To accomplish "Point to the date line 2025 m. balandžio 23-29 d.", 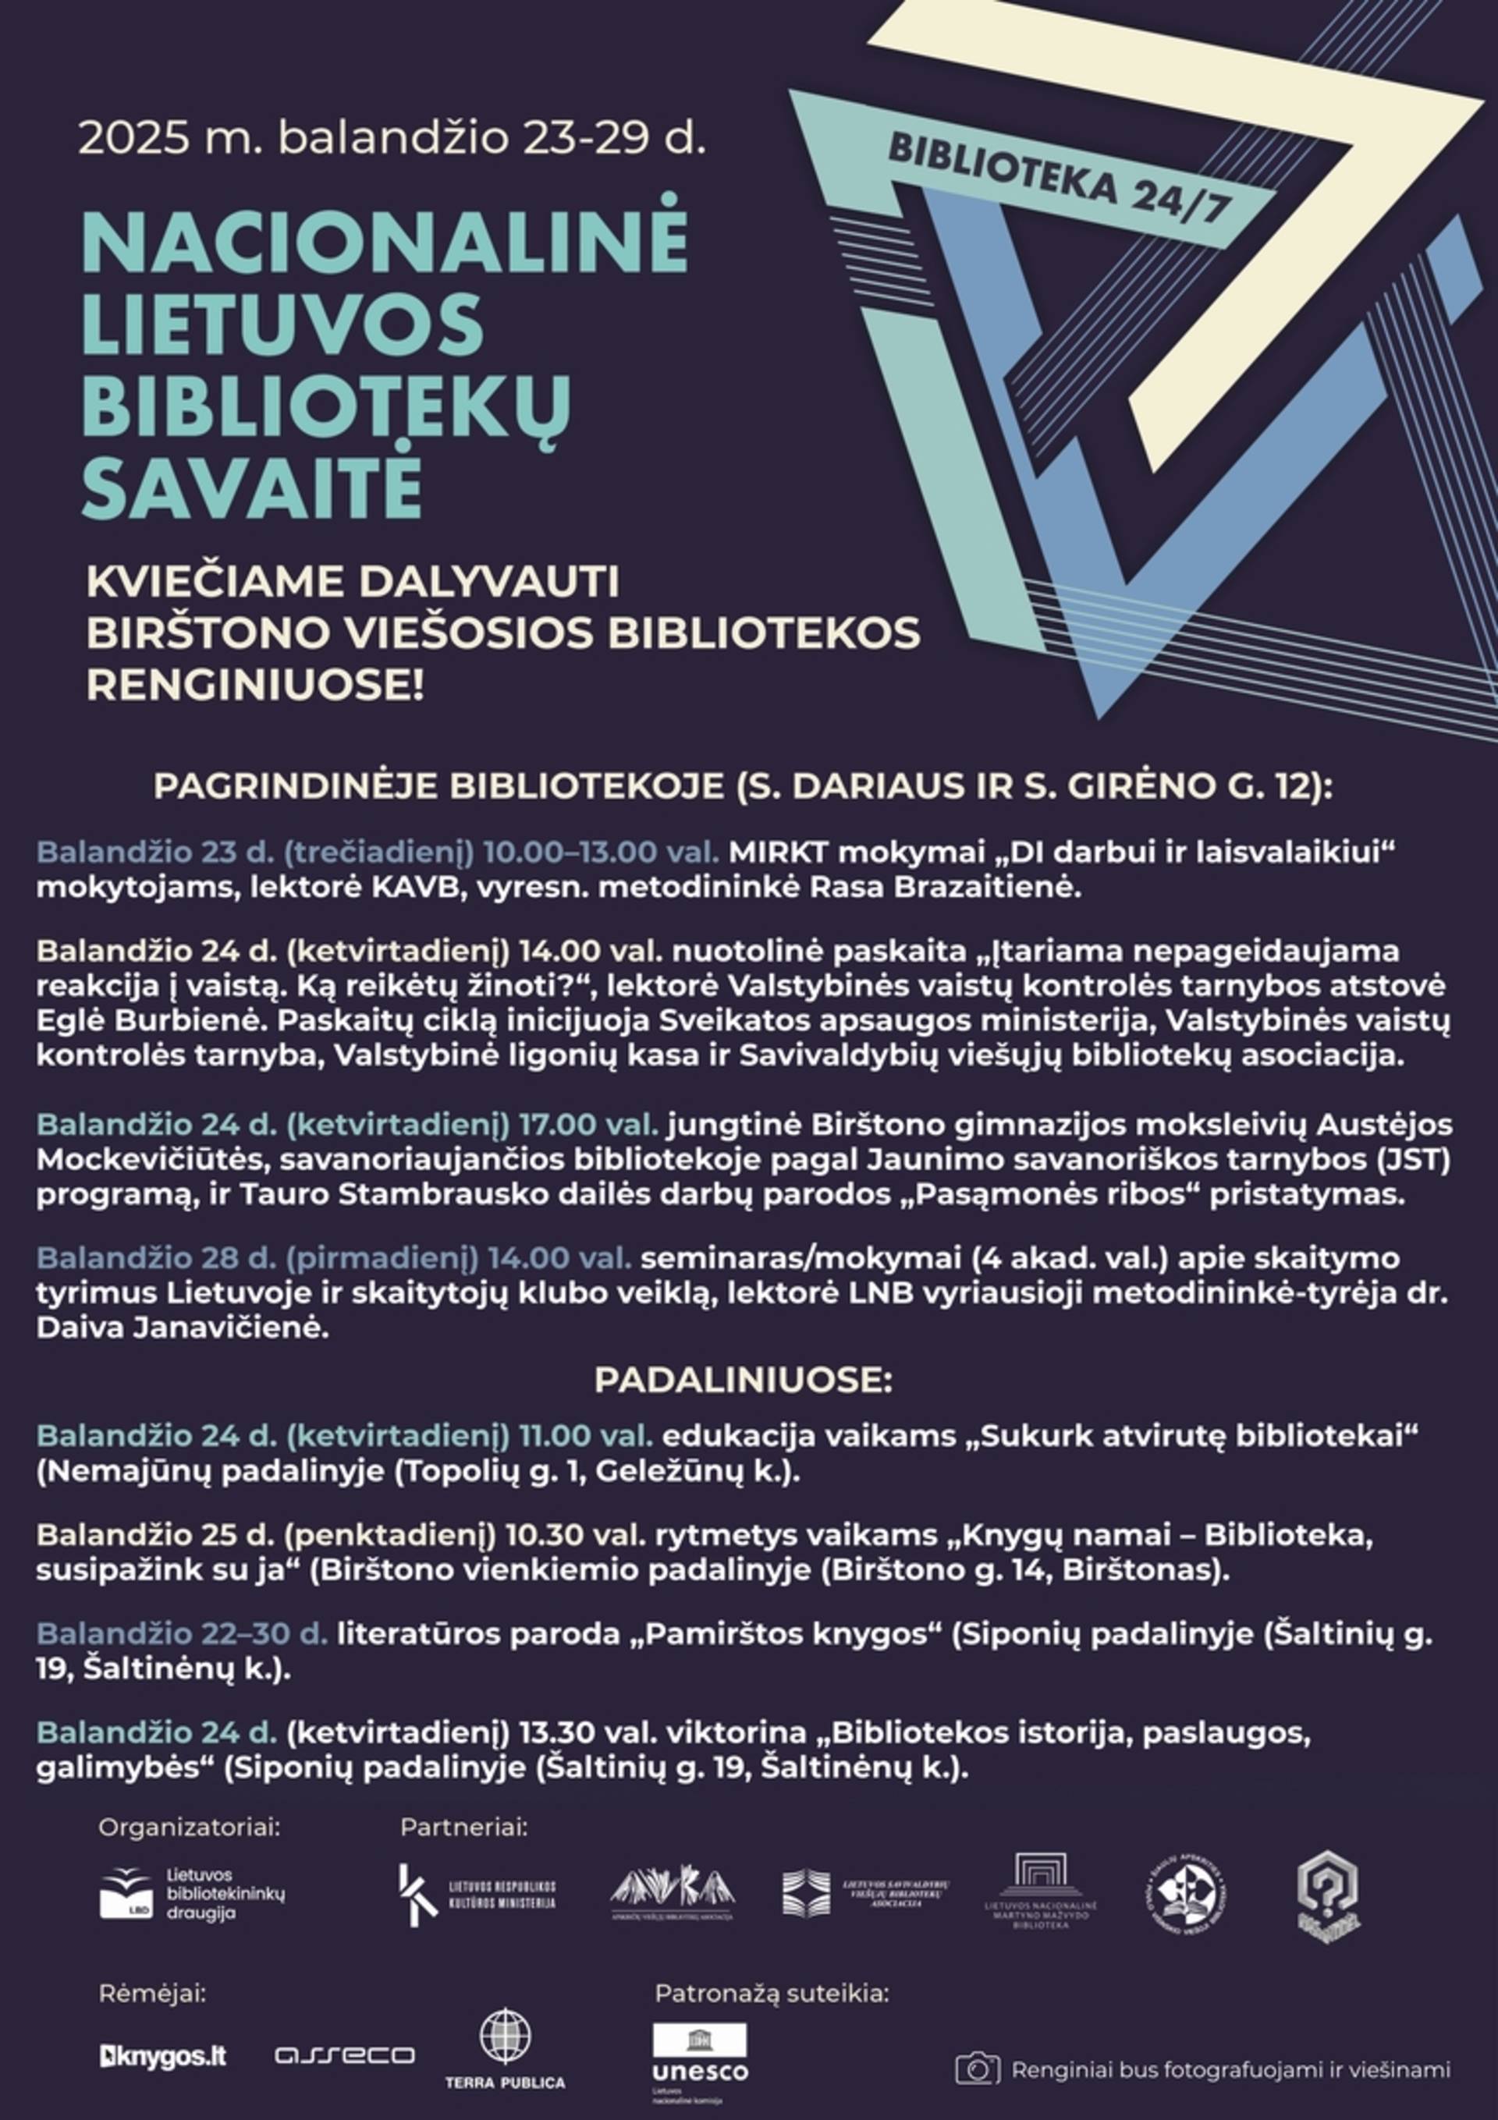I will (x=392, y=139).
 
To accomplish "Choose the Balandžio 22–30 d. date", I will (x=182, y=1634).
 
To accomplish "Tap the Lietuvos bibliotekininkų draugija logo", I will (x=192, y=1894).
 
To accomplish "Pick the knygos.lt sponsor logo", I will (x=162, y=2055).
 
